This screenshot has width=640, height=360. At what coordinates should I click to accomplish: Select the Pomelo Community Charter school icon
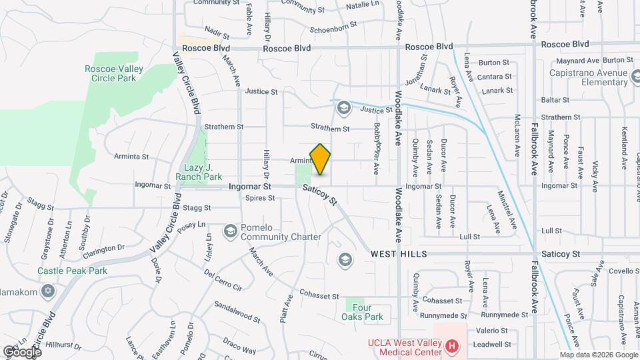tap(231, 230)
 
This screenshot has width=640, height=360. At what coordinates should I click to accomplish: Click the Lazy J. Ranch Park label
tap(198, 173)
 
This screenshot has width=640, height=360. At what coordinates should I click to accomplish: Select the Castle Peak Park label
tap(72, 271)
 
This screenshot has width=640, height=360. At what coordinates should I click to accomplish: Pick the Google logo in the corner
tap(22, 351)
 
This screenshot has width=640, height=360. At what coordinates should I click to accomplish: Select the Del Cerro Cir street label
tap(223, 281)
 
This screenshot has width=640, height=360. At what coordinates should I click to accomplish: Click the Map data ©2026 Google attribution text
tap(598, 355)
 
